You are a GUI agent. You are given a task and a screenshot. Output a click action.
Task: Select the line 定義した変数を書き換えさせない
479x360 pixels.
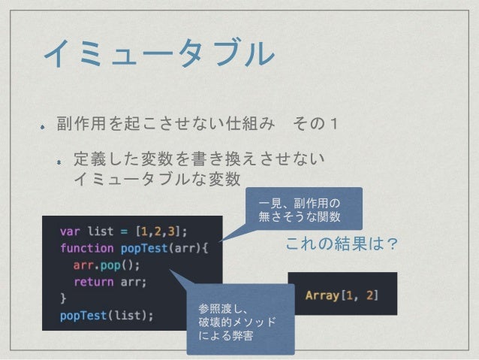click(199, 159)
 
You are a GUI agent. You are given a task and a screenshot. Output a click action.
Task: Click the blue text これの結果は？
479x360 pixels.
click(342, 246)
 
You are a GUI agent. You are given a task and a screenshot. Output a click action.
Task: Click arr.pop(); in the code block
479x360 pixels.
click(107, 265)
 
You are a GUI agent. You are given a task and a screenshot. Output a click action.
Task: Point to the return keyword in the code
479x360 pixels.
click(93, 282)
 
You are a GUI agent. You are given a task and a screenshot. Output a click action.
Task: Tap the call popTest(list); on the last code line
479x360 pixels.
click(107, 316)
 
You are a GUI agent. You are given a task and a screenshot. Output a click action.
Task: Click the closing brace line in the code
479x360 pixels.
click(64, 298)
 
